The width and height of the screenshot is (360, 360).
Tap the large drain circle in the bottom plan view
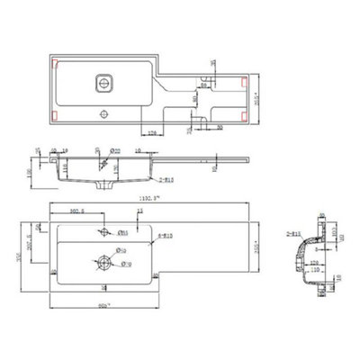point(104,263)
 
